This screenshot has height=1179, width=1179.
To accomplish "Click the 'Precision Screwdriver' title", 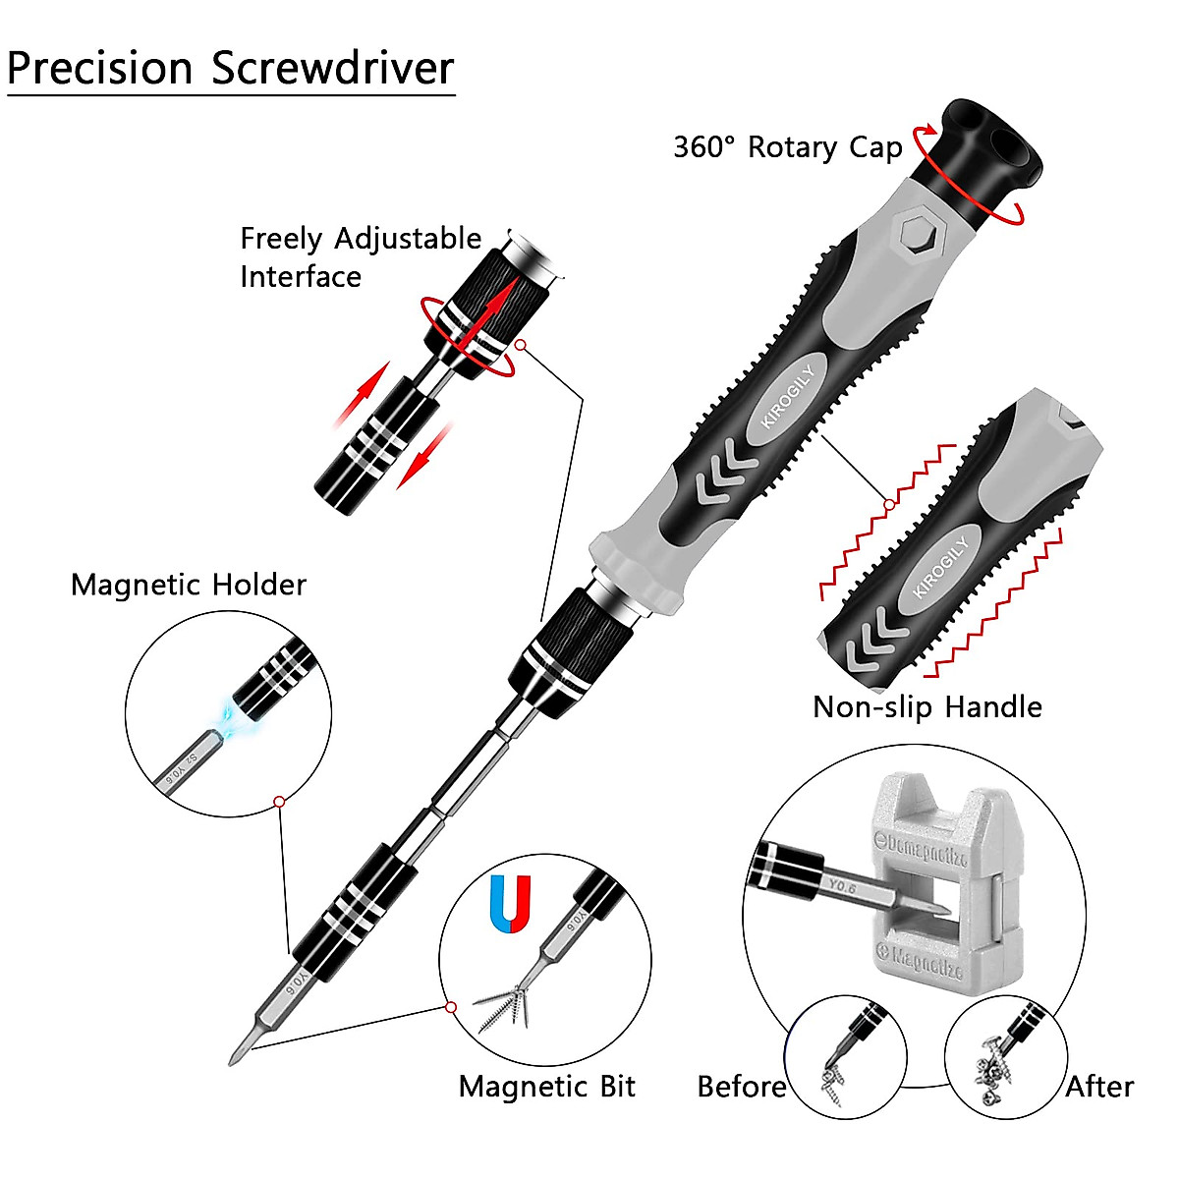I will (230, 69).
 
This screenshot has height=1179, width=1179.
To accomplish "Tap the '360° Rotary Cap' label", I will (787, 147).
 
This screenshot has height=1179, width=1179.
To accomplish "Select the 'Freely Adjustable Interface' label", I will (360, 257).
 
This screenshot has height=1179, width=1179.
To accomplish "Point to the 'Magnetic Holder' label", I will (189, 586).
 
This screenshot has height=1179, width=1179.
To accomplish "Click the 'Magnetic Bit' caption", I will (546, 1087).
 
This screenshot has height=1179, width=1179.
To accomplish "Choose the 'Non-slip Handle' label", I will (926, 707).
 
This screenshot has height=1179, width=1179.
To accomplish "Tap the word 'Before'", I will (741, 1087).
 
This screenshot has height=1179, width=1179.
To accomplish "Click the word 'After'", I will (1099, 1087).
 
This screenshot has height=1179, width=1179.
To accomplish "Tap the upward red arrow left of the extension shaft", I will (360, 393).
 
